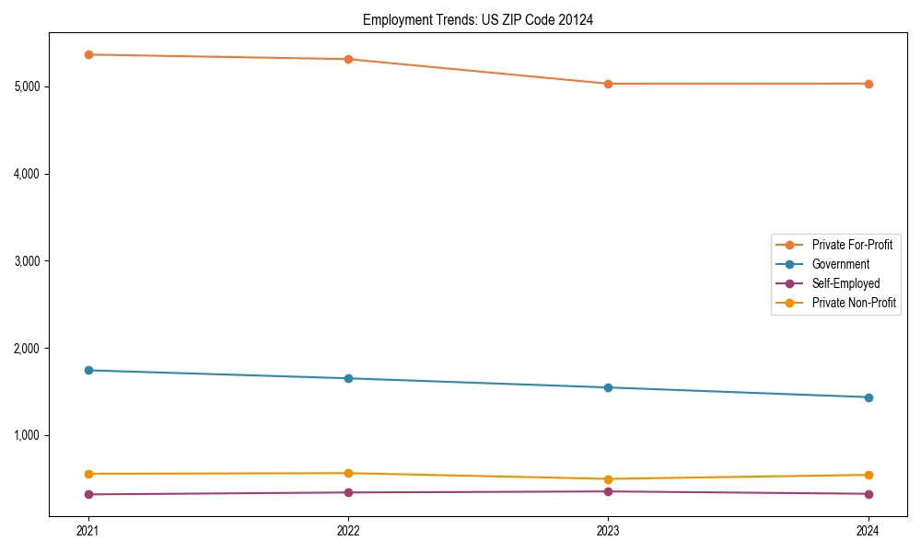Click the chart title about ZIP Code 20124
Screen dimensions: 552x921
(x=477, y=19)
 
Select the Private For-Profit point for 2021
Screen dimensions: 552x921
(x=88, y=54)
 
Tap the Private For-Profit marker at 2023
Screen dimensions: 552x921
(x=608, y=84)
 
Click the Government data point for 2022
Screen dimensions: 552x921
(x=348, y=378)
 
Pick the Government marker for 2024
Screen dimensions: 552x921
(x=869, y=397)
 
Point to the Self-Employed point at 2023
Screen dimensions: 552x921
(x=608, y=491)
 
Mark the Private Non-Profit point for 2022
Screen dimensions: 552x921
(x=348, y=473)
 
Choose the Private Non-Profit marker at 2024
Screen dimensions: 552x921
(x=869, y=475)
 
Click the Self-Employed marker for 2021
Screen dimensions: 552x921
(x=88, y=494)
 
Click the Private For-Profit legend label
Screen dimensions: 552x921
(x=851, y=245)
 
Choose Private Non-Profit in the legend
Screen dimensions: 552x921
(x=854, y=303)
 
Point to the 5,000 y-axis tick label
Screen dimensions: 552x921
(x=28, y=86)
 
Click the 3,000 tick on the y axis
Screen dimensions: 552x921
(x=28, y=261)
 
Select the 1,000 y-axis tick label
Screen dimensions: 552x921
(x=28, y=435)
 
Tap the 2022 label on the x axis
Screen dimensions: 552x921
(x=348, y=530)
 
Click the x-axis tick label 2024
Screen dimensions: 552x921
(x=869, y=530)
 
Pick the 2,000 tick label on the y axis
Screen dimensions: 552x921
(x=28, y=349)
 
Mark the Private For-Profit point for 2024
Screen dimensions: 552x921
(x=869, y=84)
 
